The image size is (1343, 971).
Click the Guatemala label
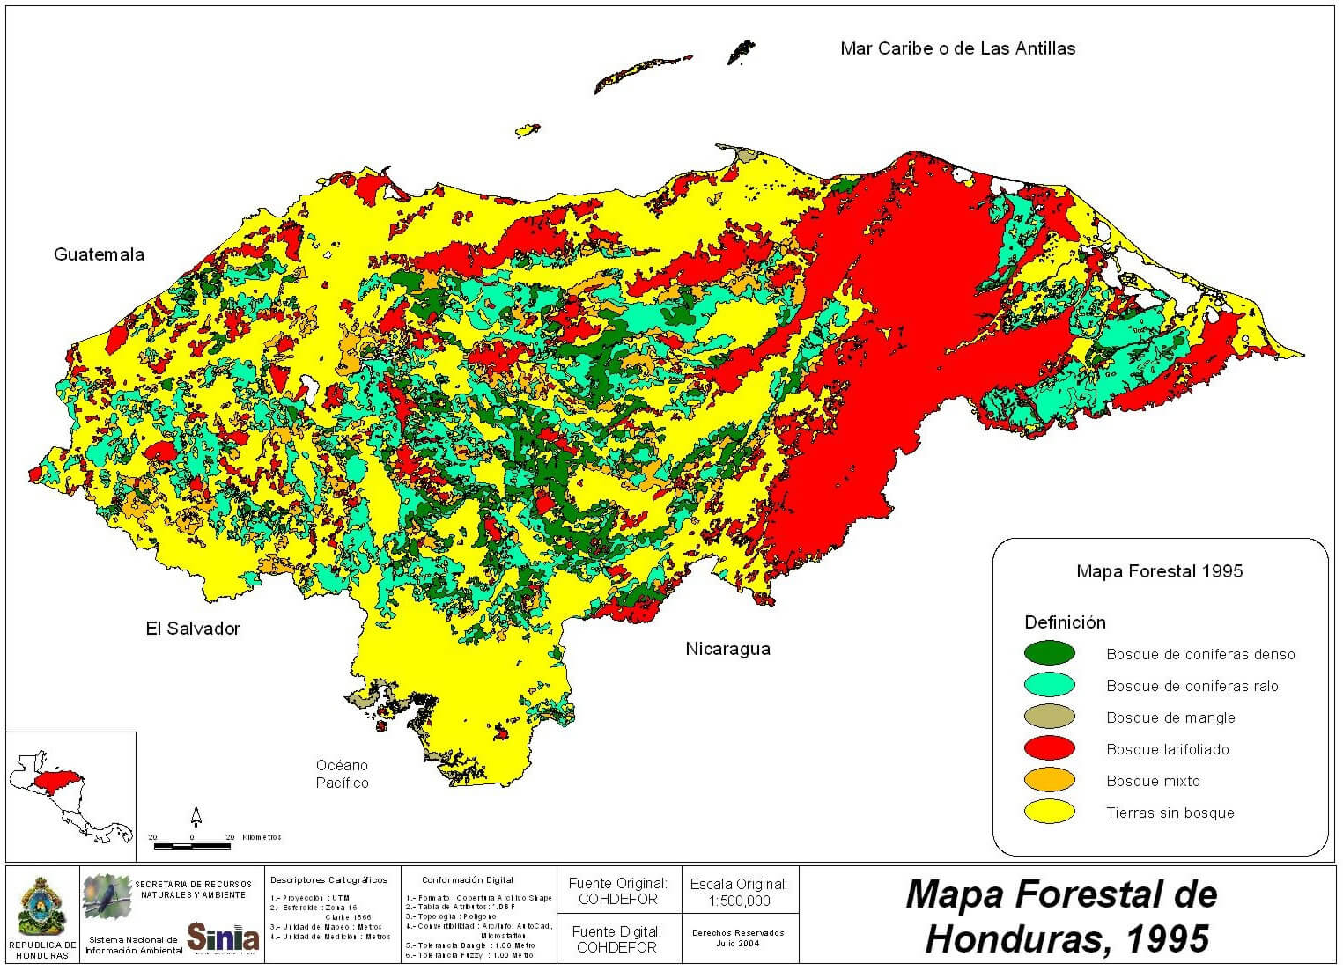pos(99,254)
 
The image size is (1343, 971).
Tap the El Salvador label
pos(192,629)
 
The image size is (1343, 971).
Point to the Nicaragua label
pos(727,649)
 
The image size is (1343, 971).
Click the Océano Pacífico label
pos(342,774)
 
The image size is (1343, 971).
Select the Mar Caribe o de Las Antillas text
pos(957,48)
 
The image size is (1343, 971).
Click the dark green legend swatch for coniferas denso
pos(1050,653)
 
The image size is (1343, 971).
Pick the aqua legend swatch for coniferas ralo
pos(1050,685)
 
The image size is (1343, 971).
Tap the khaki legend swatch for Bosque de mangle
pos(1050,717)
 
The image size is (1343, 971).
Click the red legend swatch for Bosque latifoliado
pos(1050,748)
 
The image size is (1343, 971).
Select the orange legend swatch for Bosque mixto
pos(1050,780)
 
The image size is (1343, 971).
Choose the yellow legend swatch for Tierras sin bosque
pos(1050,812)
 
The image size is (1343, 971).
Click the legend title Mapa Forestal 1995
pos(1159,571)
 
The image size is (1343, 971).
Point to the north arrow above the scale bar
pos(196,816)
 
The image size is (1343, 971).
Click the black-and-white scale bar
pos(192,847)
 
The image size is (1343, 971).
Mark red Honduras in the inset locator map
pos(53,781)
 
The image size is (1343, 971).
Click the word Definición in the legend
pos(1065,622)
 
